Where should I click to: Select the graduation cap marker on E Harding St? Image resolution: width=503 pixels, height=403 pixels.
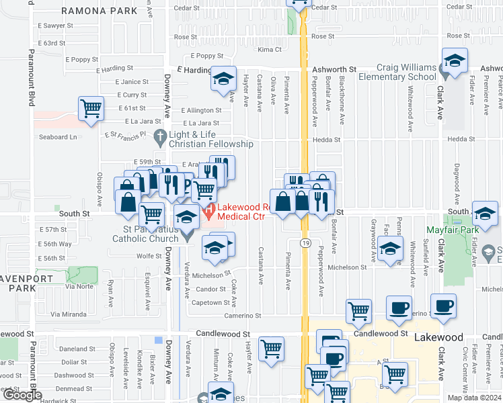click(x=223, y=79)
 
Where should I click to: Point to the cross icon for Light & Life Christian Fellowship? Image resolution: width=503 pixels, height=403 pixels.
click(x=159, y=138)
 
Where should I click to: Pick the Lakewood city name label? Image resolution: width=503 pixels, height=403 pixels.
click(x=438, y=337)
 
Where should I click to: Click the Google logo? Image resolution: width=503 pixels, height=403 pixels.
click(x=22, y=396)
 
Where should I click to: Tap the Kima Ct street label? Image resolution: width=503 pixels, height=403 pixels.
click(x=269, y=50)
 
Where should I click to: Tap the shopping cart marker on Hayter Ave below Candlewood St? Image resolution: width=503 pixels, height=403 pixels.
click(x=271, y=350)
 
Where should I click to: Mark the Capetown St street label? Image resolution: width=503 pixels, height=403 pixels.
click(x=209, y=302)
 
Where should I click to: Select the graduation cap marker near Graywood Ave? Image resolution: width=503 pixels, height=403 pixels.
click(x=389, y=248)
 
